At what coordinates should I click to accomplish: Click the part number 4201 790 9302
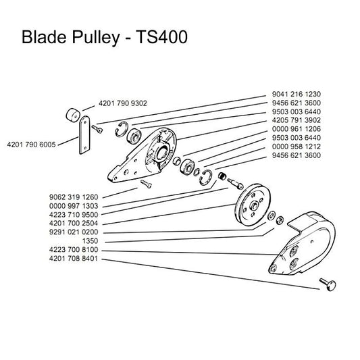pyautogui.click(x=123, y=103)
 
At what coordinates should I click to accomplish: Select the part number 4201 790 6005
pyautogui.click(x=31, y=145)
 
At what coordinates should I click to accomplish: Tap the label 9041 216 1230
pyautogui.click(x=297, y=94)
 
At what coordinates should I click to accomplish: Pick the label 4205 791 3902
pyautogui.click(x=297, y=120)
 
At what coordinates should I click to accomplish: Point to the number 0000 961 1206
pyautogui.click(x=297, y=129)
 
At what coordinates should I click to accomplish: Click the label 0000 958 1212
pyautogui.click(x=297, y=147)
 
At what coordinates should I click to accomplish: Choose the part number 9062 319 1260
pyautogui.click(x=74, y=197)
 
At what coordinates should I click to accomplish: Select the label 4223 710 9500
pyautogui.click(x=74, y=215)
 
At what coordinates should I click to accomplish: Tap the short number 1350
pyautogui.click(x=90, y=241)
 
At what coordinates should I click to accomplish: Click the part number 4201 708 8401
pyautogui.click(x=74, y=259)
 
